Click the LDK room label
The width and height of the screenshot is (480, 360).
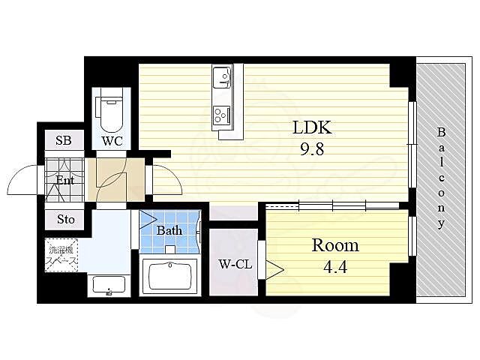point(312,127)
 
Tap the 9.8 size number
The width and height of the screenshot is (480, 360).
point(312,150)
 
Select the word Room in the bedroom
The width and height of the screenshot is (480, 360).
point(335,245)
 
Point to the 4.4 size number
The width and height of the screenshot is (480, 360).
point(335,267)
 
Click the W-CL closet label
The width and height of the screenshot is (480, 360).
point(235,264)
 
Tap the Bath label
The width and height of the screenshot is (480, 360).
point(169,230)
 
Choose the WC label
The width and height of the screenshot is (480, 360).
point(112,141)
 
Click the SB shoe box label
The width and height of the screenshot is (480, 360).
point(63,140)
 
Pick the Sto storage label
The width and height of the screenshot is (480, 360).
point(66,219)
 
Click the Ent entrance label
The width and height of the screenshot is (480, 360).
point(65,180)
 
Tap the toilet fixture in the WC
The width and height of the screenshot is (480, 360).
point(111,115)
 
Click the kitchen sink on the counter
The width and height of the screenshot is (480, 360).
point(222,77)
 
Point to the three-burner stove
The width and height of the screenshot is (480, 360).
point(222,115)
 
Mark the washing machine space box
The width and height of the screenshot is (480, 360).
point(61,255)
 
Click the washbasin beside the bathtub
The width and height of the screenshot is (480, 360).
point(109,286)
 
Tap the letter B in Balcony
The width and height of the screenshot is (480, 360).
point(441,133)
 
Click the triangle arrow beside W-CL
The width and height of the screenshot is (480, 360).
point(274,270)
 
